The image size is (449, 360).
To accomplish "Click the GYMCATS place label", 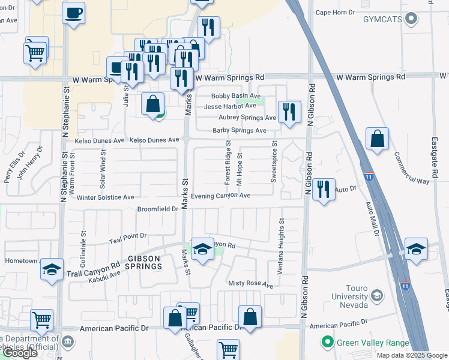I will point(384,20).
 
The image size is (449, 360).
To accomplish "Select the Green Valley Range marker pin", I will point(327,343).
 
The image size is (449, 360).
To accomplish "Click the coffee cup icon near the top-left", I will point(73,13).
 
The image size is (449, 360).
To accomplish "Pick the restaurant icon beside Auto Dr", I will point(324,190).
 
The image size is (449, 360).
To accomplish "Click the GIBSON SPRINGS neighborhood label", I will point(144,262).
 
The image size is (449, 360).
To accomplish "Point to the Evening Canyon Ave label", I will point(220,196).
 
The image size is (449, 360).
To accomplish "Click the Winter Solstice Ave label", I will point(105,197).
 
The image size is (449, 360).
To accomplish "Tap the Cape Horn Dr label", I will point(336,12).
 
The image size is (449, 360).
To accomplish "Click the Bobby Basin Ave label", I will point(235,96).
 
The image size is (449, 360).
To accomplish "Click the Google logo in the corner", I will point(20,353).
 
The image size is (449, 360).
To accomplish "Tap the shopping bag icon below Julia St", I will point(153,104).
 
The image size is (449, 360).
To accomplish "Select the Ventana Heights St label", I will point(280,247).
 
